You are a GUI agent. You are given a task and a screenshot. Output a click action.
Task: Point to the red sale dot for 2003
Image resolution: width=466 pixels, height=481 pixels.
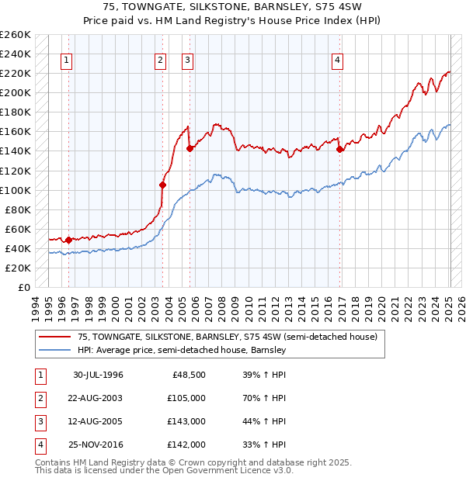pos(162,185)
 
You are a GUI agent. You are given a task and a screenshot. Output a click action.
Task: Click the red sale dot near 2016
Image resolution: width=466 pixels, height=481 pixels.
pos(339,149)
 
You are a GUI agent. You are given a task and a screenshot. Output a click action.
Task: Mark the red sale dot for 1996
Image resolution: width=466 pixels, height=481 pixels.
pos(68,240)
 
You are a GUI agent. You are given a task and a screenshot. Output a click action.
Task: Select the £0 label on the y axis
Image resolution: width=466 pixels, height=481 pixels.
pos(23,287)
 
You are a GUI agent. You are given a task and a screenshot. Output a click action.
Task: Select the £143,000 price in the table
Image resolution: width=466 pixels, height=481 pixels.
pos(187,421)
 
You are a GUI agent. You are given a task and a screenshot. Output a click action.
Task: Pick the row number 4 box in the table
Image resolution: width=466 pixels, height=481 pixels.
pos(40,445)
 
